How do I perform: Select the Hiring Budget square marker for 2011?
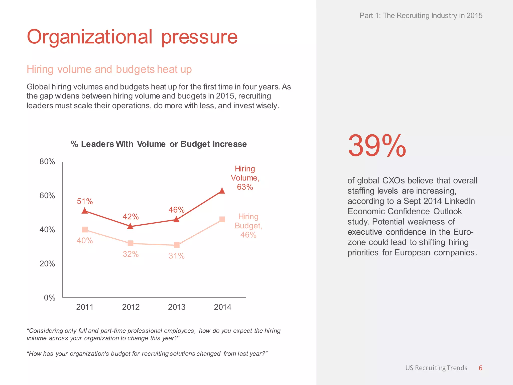[x=85, y=230]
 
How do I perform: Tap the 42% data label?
[x=131, y=217]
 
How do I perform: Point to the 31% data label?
[x=177, y=256]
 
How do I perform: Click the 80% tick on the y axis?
[x=47, y=162]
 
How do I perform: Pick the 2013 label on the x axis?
[x=177, y=307]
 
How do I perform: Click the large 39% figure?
[x=377, y=146]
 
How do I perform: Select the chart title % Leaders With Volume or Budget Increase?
[x=159, y=144]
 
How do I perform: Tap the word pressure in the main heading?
[x=199, y=37]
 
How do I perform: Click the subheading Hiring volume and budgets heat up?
[x=109, y=69]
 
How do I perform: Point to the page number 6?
[x=480, y=368]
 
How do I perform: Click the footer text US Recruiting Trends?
[x=436, y=368]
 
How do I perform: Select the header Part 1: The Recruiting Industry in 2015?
[x=421, y=16]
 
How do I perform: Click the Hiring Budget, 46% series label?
[x=248, y=226]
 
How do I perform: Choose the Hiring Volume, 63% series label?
[x=245, y=178]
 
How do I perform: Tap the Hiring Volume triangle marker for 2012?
[x=130, y=226]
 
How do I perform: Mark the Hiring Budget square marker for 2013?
[x=177, y=245]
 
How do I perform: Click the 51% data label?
[x=85, y=201]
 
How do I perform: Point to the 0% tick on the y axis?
[x=49, y=298]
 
